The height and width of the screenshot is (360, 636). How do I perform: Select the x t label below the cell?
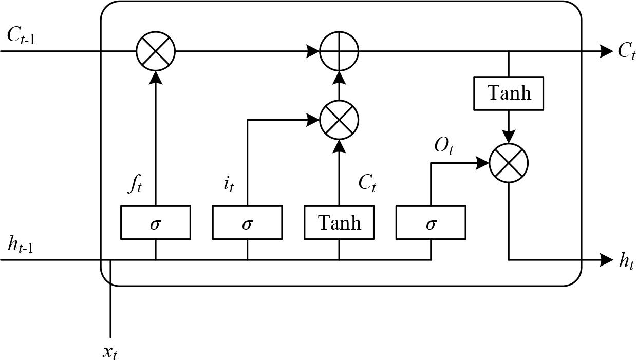click(109, 352)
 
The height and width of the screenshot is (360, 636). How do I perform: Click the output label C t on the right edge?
click(626, 51)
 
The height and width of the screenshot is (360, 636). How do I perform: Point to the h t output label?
click(626, 261)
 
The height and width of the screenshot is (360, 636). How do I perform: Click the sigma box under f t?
click(155, 222)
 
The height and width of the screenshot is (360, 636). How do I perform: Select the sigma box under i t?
click(247, 222)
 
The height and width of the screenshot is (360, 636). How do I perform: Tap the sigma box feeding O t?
click(431, 222)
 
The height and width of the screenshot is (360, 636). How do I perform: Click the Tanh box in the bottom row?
click(339, 222)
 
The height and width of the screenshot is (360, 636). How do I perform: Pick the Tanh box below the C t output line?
click(508, 93)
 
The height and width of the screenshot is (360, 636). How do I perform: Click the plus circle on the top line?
click(339, 51)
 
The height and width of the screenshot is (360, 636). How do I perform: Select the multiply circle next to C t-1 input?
click(155, 51)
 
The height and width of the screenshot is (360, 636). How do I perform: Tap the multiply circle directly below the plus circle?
click(339, 120)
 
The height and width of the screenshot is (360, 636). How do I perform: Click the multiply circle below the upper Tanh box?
click(508, 163)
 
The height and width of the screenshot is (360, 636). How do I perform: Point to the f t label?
click(134, 184)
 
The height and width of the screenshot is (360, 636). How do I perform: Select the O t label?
click(444, 146)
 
